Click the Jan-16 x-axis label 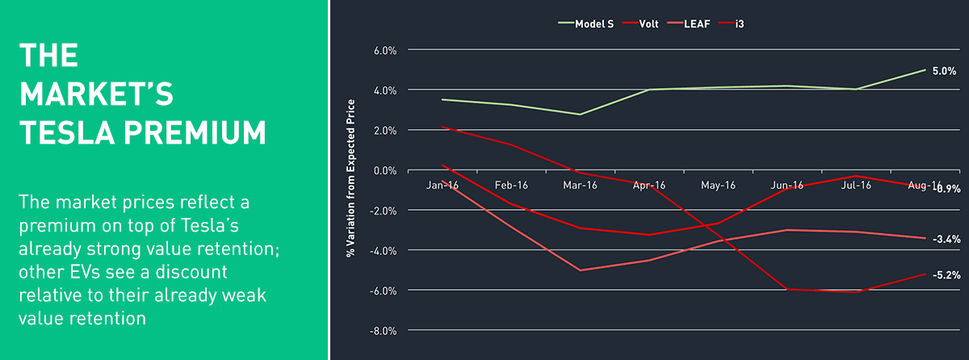(x=443, y=185)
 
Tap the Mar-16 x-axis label (x=580, y=185)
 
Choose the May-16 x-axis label (x=718, y=185)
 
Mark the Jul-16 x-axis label (x=855, y=185)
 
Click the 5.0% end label (x=946, y=71)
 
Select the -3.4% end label (x=946, y=239)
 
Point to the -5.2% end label (x=946, y=275)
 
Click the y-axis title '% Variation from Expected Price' (x=350, y=178)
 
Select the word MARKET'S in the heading (x=96, y=94)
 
